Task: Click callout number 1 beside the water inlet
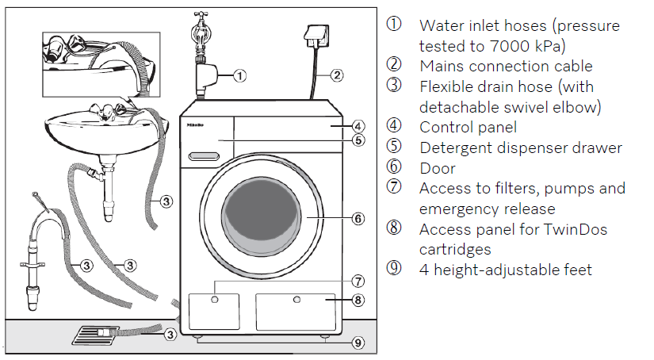(240, 76)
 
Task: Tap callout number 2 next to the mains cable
(337, 76)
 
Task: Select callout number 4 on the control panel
(358, 126)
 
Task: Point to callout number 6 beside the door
(358, 217)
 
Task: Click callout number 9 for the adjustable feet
(358, 343)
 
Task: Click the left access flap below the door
(213, 311)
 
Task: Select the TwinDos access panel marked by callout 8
(295, 311)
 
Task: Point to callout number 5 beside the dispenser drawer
(358, 141)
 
